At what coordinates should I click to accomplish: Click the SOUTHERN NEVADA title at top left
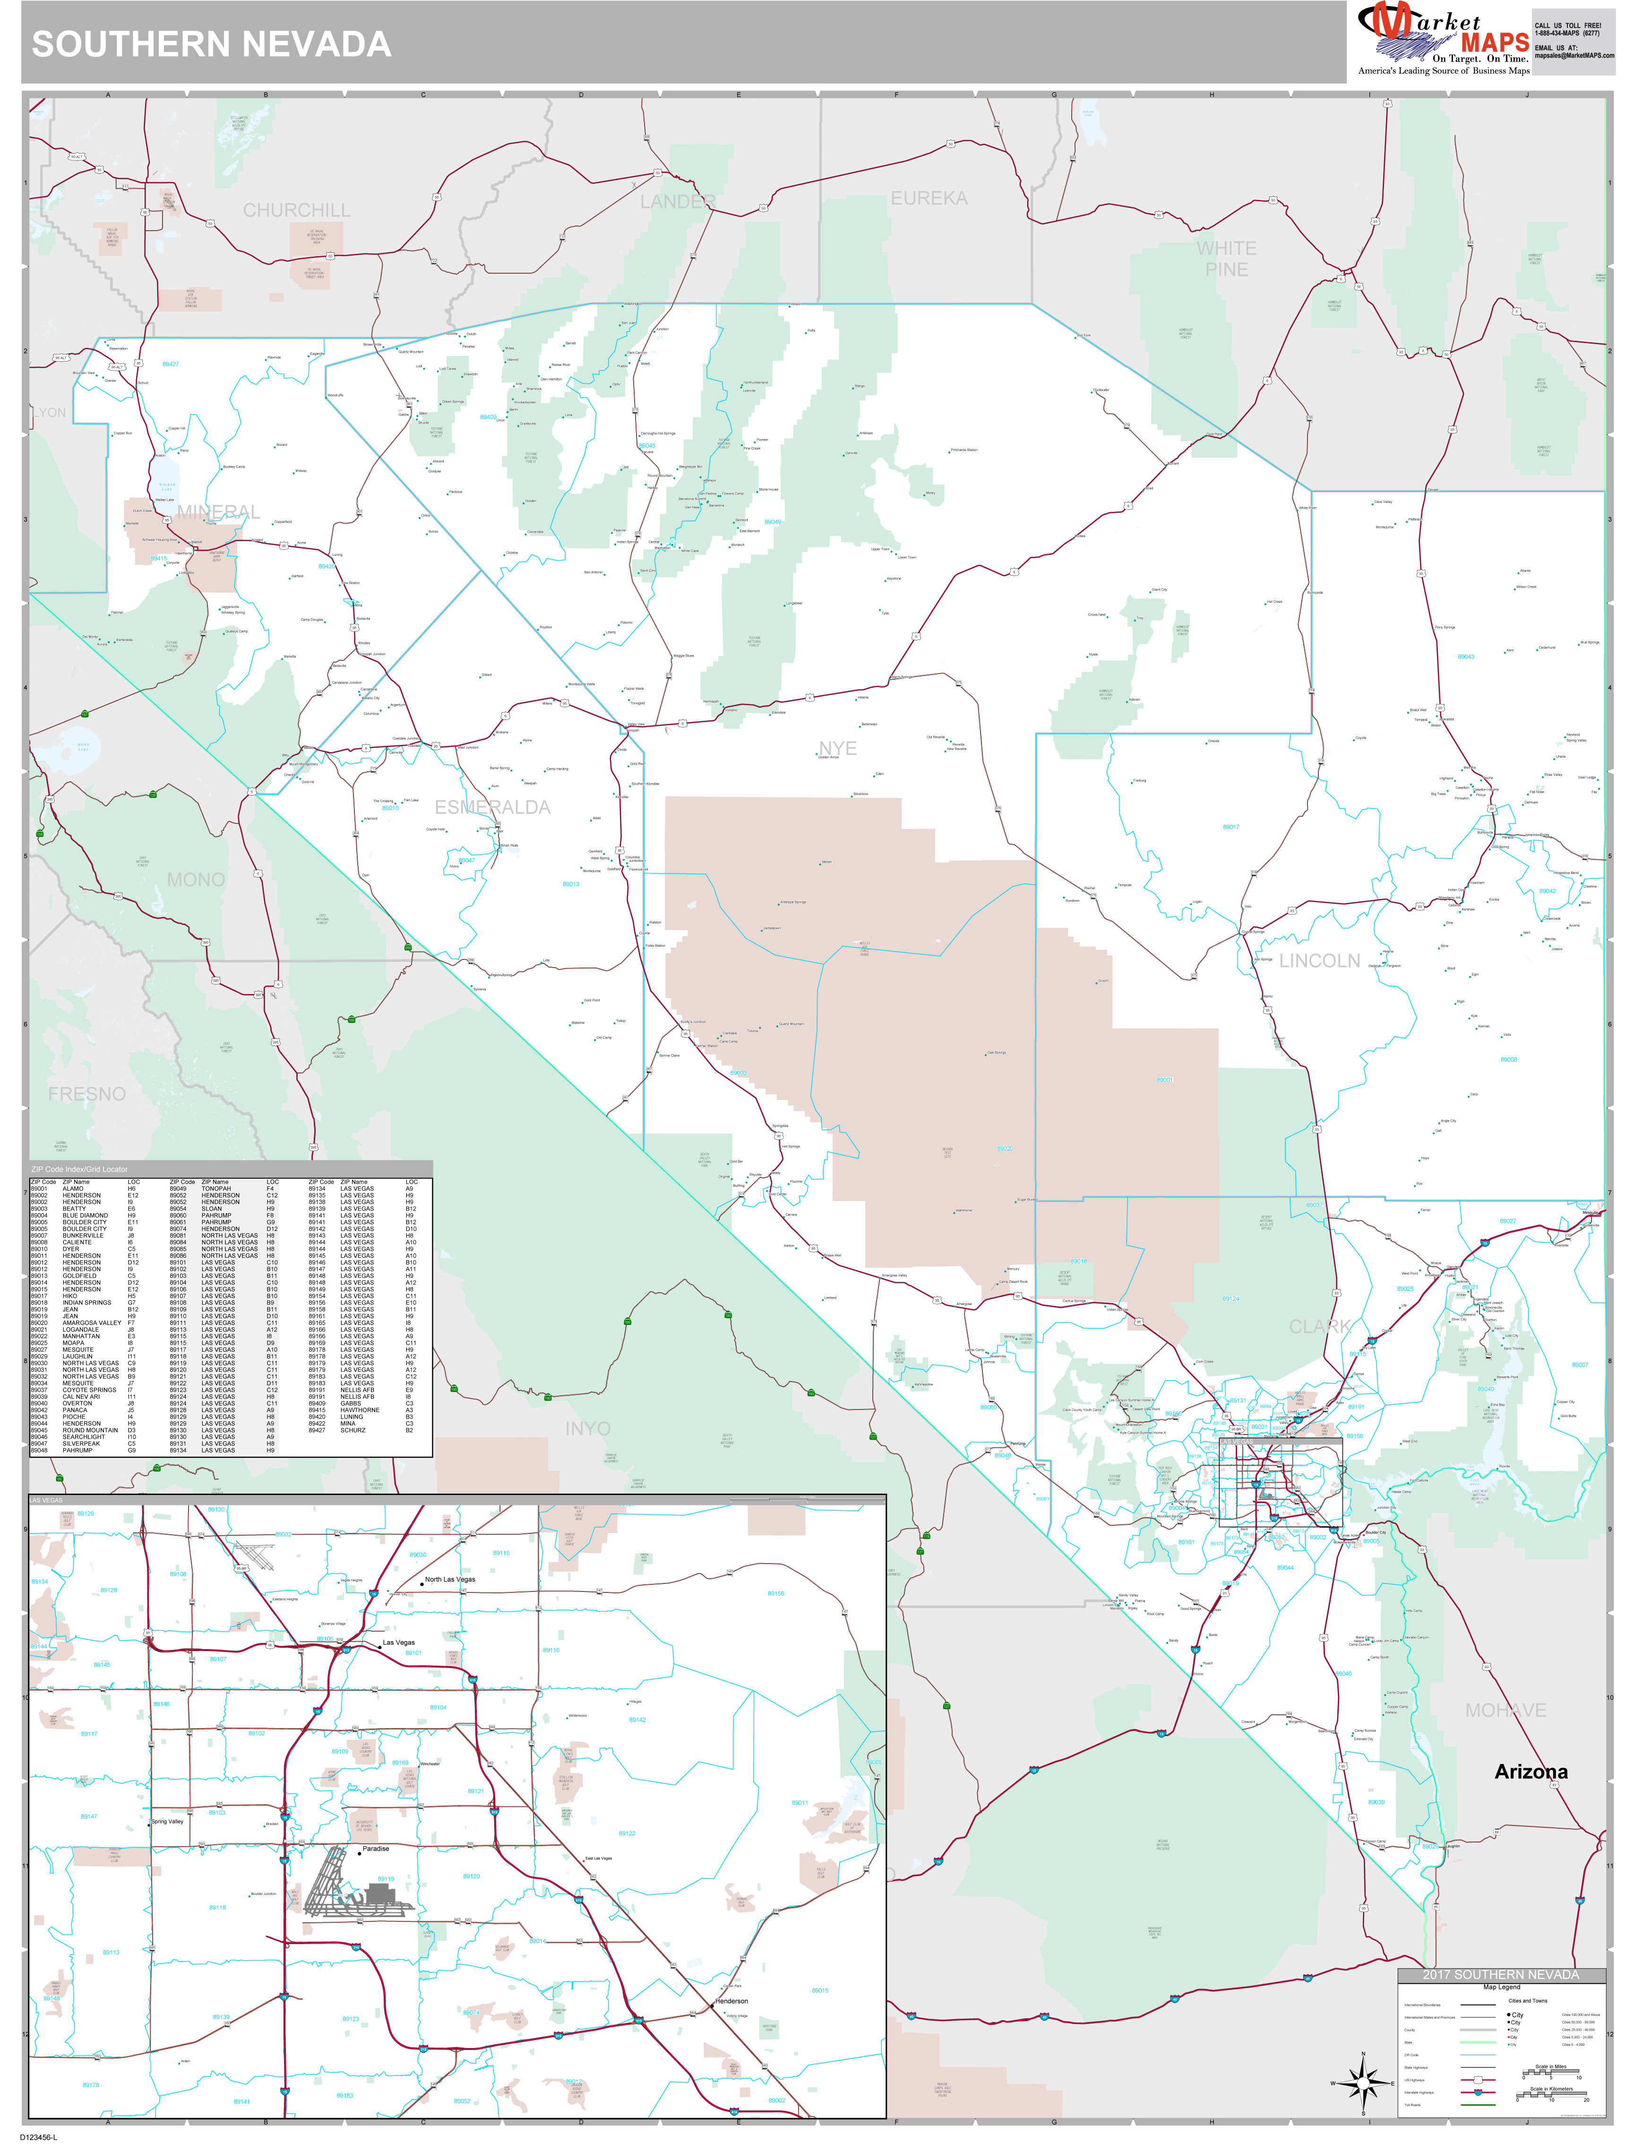tap(211, 44)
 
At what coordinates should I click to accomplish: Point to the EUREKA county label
tap(929, 199)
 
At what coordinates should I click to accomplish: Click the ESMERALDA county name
tap(492, 807)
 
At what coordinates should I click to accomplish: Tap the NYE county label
tap(837, 748)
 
